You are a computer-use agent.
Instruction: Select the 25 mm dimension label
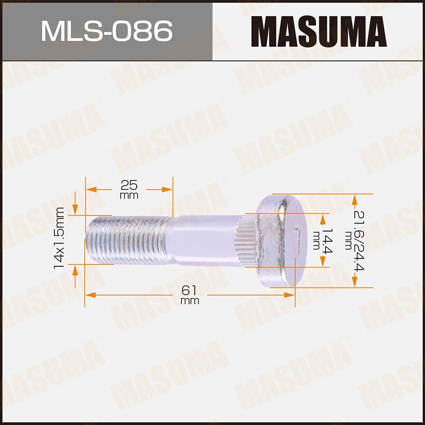129,190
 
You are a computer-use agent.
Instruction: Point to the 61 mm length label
190,295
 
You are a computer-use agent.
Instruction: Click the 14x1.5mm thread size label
59,238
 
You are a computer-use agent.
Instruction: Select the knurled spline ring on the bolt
246,240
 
